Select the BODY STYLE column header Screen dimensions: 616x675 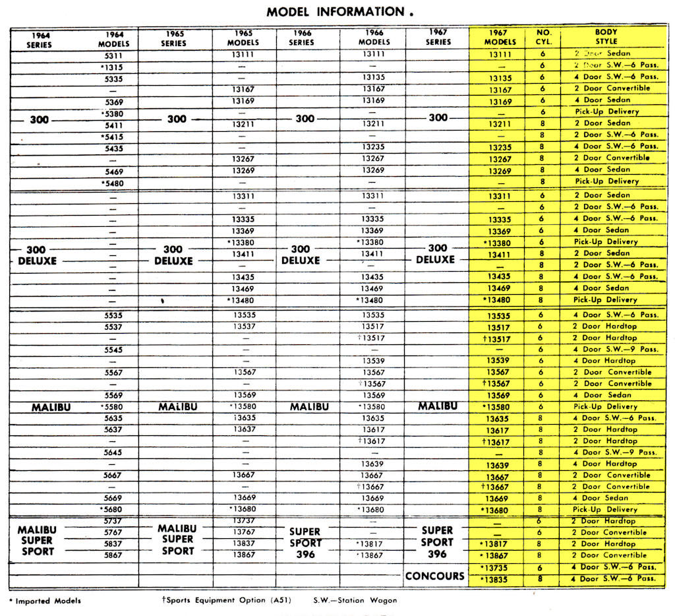(x=606, y=37)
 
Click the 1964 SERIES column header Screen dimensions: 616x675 (x=40, y=40)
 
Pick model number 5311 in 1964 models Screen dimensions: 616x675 (x=113, y=55)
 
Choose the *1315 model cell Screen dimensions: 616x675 (x=112, y=67)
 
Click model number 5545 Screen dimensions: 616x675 (x=113, y=350)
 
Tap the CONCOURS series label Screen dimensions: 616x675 (x=435, y=576)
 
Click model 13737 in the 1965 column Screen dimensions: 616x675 (x=244, y=521)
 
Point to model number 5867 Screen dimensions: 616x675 (x=113, y=555)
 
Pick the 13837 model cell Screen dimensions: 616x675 (x=244, y=544)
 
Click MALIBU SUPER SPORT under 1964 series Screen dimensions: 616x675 (x=37, y=540)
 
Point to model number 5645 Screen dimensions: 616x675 (x=113, y=453)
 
